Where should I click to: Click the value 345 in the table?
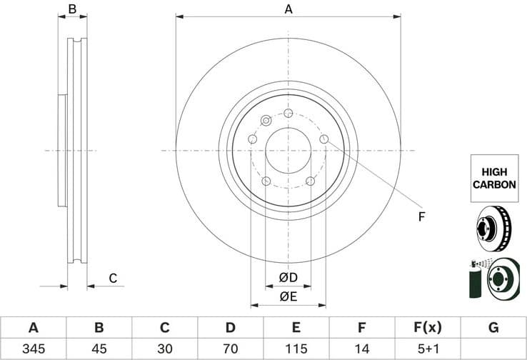click(x=33, y=349)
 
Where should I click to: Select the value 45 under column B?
click(x=99, y=349)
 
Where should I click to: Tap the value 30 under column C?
click(x=165, y=349)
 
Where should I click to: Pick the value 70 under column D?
click(x=231, y=349)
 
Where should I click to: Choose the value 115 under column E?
click(x=296, y=349)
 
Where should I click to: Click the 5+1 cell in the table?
click(x=428, y=349)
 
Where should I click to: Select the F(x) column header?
click(x=428, y=328)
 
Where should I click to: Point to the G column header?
click(x=493, y=328)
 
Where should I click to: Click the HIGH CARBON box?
click(x=493, y=178)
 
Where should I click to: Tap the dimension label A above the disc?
click(x=288, y=9)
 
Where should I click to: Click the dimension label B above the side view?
click(x=72, y=9)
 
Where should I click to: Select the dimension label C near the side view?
click(x=112, y=278)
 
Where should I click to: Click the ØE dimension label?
click(x=288, y=296)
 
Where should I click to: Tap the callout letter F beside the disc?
click(x=421, y=216)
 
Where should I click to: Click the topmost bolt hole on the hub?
click(x=288, y=113)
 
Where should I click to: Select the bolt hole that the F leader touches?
click(x=324, y=139)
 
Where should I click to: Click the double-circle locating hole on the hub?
click(x=266, y=120)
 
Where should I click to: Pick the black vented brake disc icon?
click(x=492, y=227)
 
